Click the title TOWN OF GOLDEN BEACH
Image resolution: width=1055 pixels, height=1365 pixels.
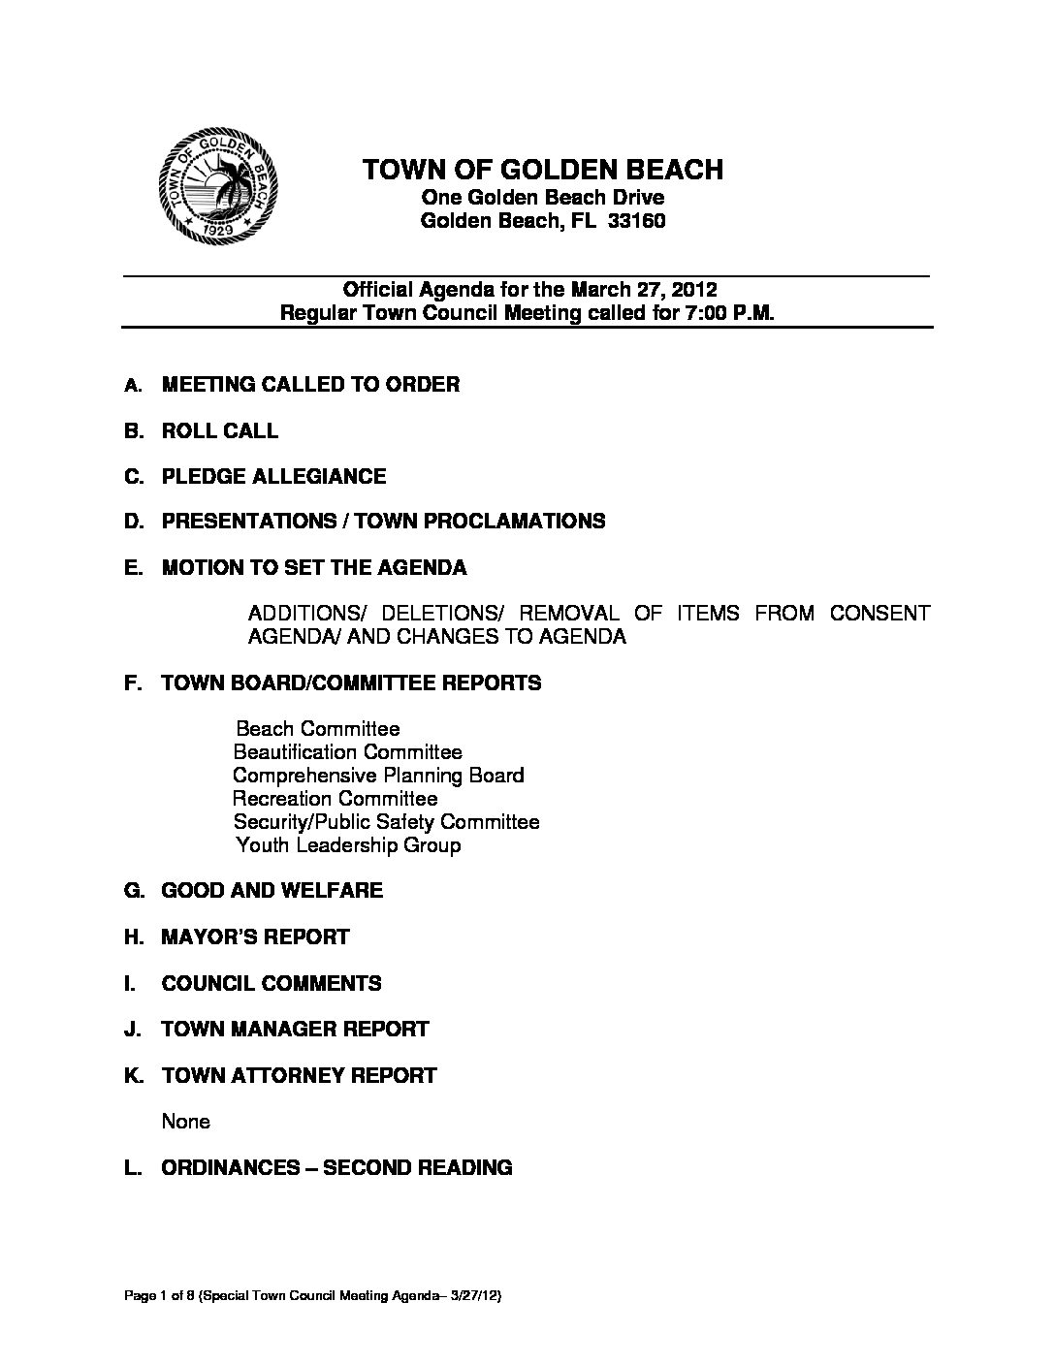coord(542,171)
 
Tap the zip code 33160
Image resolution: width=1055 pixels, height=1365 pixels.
coord(636,221)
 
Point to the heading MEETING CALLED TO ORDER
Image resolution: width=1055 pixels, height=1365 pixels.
coord(310,384)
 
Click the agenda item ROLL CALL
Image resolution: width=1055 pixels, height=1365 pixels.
coord(220,430)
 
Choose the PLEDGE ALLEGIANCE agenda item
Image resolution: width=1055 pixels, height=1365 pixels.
coord(273,476)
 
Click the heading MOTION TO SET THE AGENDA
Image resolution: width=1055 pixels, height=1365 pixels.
coord(314,567)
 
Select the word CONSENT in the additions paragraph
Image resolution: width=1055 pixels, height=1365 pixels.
coord(879,613)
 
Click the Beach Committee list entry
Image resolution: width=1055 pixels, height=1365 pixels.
coord(318,729)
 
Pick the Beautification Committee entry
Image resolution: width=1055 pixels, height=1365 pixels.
coord(348,752)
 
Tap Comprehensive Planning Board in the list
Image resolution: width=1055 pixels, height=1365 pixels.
coord(378,776)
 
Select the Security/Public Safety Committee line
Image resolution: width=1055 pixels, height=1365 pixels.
coord(386,822)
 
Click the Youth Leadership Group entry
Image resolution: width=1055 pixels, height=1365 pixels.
coord(349,845)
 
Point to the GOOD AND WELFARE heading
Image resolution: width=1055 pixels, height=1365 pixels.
coord(272,890)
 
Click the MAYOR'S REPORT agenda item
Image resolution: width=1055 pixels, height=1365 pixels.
coord(255,936)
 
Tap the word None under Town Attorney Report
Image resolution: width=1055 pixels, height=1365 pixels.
coord(186,1122)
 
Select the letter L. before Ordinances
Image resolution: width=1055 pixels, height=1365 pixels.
coord(134,1167)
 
